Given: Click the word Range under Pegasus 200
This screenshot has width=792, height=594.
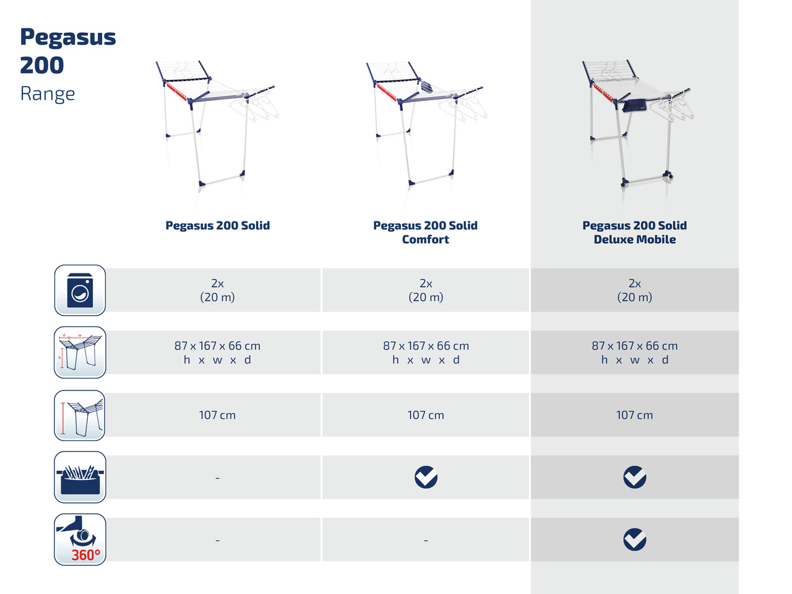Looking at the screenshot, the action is coord(48,94).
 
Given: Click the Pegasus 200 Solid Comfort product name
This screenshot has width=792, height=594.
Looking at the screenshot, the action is coord(426,232).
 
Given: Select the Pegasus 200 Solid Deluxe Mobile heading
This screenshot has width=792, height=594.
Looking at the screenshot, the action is coord(634,232).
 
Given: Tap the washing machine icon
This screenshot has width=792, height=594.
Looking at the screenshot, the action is coord(80,290).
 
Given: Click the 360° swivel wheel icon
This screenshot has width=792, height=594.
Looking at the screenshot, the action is coord(80,539).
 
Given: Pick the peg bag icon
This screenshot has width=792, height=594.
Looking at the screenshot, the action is coord(80,477).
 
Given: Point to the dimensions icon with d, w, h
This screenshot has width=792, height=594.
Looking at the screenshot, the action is coord(80,352).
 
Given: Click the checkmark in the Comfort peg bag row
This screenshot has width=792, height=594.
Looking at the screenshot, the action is coord(426,477).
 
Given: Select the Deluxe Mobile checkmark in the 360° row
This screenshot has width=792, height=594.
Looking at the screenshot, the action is coord(635,539).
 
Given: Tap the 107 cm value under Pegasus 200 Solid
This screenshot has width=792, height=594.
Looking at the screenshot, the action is coord(217,415).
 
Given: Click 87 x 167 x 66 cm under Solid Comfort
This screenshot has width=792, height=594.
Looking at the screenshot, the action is coord(426,345).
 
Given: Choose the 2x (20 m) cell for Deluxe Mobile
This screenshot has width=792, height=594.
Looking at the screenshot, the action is coord(635,290).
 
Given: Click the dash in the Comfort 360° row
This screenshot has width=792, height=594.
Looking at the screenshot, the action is coord(426,540).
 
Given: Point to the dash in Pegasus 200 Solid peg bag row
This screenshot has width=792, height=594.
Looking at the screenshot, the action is coord(218,478).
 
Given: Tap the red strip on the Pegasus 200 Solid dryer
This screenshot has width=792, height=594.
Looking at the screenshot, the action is coord(176,92).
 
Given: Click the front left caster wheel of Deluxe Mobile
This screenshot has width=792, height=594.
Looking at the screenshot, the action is coord(623,184).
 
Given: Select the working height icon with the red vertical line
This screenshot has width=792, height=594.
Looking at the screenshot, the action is coord(80,415).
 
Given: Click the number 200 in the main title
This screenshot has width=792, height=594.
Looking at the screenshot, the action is coord(42,66).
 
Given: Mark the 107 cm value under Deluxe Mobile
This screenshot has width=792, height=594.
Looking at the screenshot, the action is coord(635,415).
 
